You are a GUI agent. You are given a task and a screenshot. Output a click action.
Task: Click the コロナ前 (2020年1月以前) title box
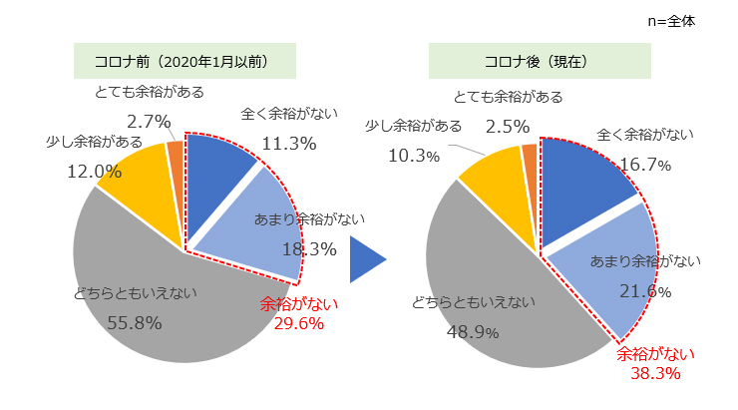point(184,61)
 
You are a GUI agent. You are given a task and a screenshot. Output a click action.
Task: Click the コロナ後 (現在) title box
point(540,61)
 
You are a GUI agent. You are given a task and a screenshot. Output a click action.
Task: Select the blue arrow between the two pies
point(366,261)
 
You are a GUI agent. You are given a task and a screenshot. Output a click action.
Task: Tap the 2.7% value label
point(150,121)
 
